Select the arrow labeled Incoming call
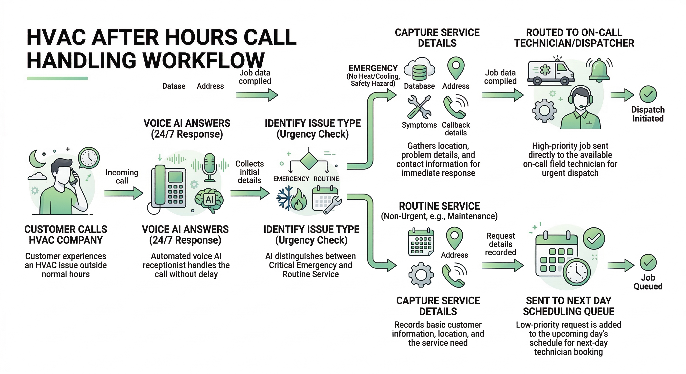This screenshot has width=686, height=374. pyautogui.click(x=123, y=193)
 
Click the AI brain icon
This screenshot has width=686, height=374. pyautogui.click(x=209, y=200)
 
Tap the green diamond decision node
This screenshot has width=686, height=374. pyautogui.click(x=309, y=160)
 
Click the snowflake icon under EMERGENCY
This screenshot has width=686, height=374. pyautogui.click(x=285, y=198)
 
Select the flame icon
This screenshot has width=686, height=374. pyautogui.click(x=299, y=200)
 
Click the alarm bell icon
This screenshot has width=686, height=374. pyautogui.click(x=599, y=70)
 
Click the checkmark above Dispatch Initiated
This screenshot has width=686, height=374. pyautogui.click(x=648, y=94)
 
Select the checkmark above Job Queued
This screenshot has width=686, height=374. pyautogui.click(x=648, y=263)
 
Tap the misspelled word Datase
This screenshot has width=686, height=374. pyautogui.click(x=174, y=86)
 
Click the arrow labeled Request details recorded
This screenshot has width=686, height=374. pyautogui.click(x=502, y=265)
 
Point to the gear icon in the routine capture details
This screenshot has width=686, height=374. pyautogui.click(x=421, y=275)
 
